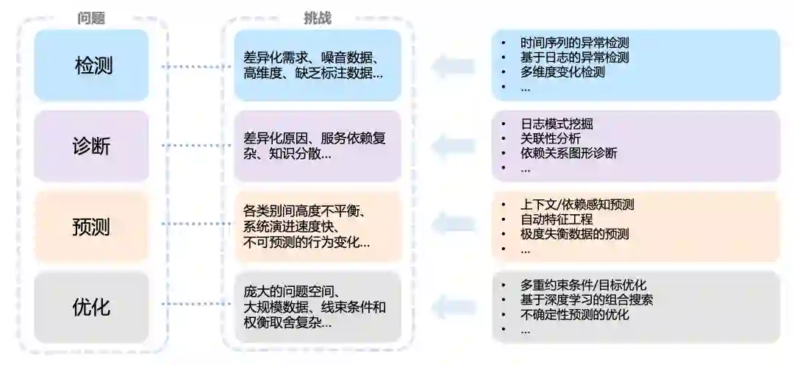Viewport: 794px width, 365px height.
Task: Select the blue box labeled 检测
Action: tap(92, 65)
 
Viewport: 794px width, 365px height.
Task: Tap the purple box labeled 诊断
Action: tap(92, 146)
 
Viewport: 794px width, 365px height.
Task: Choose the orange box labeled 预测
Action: tap(92, 227)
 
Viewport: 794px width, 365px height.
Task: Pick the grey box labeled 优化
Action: tap(92, 307)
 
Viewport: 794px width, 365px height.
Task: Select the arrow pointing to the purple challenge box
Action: tap(453, 146)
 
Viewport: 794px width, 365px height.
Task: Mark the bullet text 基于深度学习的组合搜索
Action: tap(587, 300)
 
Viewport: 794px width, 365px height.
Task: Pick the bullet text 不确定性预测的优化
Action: tap(574, 314)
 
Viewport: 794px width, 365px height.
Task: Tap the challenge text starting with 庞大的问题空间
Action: tap(314, 307)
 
